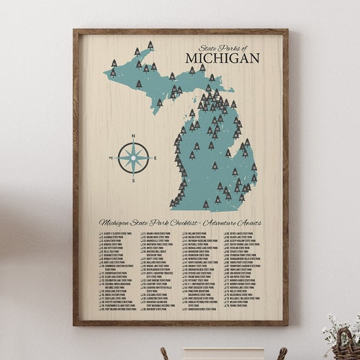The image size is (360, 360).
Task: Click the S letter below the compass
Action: click(x=133, y=181)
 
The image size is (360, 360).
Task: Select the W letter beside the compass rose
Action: click(x=111, y=157)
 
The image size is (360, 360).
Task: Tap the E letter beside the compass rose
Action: click(x=156, y=157)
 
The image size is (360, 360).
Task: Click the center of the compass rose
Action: click(x=133, y=157)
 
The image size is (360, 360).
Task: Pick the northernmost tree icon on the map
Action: click(x=150, y=44)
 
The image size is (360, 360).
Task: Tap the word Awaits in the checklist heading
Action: click(x=249, y=222)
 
